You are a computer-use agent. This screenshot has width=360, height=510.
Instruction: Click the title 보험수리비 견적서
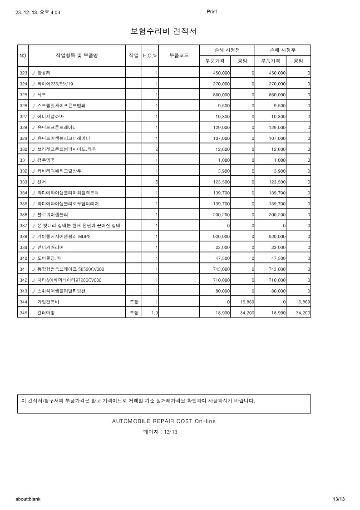coord(163,31)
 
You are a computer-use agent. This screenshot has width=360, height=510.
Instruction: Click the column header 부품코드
coord(179,55)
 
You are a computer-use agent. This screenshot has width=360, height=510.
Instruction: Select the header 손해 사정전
coord(227,50)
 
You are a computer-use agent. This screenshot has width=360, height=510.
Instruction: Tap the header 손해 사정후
coord(282,50)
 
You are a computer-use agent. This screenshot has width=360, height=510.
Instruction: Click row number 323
coord(23,73)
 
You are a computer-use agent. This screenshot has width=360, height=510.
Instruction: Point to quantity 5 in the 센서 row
coord(156,182)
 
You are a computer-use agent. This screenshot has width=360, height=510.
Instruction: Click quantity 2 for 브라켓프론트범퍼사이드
coord(156,149)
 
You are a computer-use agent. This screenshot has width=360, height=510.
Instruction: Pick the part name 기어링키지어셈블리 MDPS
coord(64,236)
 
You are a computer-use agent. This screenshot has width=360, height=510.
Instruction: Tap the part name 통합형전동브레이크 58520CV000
coord(70,269)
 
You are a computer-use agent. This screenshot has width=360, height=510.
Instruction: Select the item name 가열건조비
coord(48,302)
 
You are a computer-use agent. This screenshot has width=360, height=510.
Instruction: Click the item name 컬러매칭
coord(45,313)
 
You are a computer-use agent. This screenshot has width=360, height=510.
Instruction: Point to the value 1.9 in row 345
coord(153,313)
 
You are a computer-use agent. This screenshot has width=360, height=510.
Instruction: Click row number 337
coord(23,225)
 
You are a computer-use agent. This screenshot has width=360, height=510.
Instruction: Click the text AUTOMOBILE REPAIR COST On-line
coord(163,421)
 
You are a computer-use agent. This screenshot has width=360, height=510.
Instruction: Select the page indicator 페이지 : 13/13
coord(160,432)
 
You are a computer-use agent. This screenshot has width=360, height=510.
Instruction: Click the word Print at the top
coord(212,12)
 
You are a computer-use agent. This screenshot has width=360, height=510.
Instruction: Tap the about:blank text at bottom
coord(28,499)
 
